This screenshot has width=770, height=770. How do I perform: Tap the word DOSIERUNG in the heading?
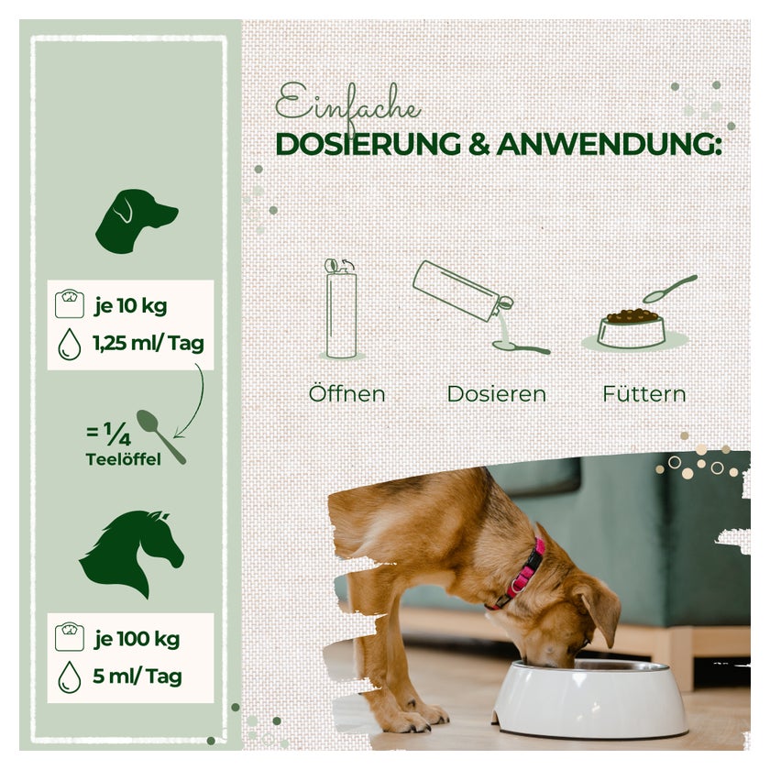coord(368,145)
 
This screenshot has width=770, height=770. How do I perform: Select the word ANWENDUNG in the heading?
coord(609,145)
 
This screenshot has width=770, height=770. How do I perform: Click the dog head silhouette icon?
coord(137,221)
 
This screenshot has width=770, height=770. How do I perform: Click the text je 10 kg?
coord(130,306)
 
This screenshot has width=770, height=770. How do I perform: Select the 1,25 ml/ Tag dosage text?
coord(148,343)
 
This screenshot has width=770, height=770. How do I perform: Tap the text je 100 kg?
coord(137,639)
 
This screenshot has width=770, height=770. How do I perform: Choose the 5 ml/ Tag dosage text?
coord(137,676)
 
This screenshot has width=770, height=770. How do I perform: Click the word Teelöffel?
coord(123,459)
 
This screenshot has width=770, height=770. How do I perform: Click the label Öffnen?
coord(347,394)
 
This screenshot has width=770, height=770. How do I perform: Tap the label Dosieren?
coord(497,394)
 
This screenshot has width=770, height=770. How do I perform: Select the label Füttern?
coord(644,394)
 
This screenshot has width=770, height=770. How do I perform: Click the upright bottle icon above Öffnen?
coord(341,310)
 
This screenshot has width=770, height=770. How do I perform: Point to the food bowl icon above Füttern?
coord(632,328)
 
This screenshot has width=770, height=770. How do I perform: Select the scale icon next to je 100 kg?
coord(70,637)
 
